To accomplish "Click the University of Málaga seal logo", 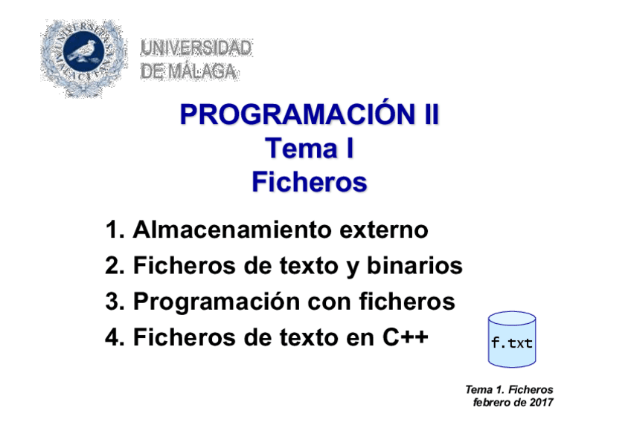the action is click(83, 57).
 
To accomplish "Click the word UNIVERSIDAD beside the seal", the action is click(196, 48).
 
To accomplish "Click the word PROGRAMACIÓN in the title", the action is click(298, 114).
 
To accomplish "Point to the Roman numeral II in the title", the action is click(431, 114).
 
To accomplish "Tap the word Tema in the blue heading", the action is click(301, 148).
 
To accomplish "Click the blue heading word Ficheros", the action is click(309, 182).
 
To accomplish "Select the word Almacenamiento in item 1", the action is click(233, 230).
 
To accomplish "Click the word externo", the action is click(384, 230).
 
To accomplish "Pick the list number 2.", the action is click(112, 265).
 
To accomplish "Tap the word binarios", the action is click(414, 265).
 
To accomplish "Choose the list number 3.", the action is click(112, 301).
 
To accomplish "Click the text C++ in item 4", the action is click(406, 337).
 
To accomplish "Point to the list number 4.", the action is click(112, 337).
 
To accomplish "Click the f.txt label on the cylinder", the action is click(512, 343).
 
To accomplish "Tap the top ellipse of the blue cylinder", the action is click(512, 319).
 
